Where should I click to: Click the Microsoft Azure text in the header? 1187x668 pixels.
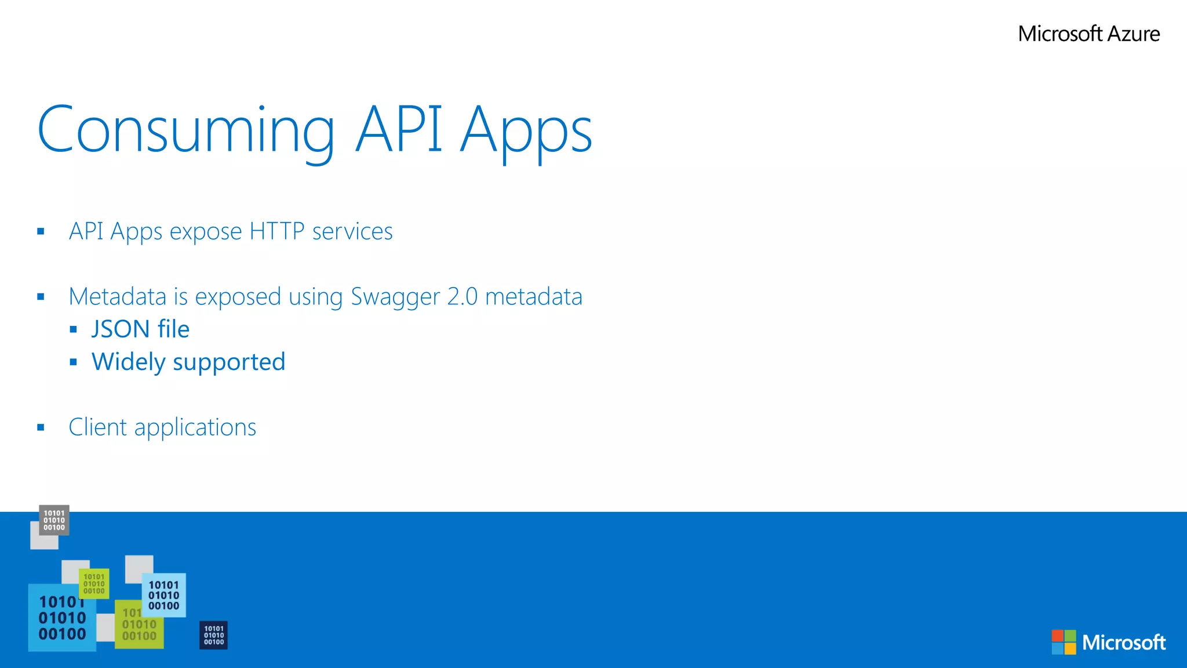coord(1088,34)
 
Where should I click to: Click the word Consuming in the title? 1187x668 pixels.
coord(185,130)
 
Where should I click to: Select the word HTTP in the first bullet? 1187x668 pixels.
coord(276,231)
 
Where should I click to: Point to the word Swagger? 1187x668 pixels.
coord(395,297)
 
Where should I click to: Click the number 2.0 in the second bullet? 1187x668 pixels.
coord(463,297)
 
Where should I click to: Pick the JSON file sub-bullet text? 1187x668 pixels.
coord(140,329)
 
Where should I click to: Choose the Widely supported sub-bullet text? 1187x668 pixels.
coord(188,362)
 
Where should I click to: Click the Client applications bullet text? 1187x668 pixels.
coord(162,427)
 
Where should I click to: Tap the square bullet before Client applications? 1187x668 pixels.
coord(41,428)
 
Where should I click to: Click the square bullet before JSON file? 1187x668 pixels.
coord(73,330)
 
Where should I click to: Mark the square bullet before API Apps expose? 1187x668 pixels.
coord(41,232)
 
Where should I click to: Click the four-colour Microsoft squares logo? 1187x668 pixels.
coord(1064,642)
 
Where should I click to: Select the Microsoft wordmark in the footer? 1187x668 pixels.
coord(1124,642)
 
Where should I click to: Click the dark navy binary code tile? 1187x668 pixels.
coord(213,636)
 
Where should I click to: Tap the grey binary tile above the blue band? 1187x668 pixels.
coord(54,520)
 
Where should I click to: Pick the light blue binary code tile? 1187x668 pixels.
coord(164,596)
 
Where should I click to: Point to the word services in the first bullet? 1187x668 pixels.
coord(352,231)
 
